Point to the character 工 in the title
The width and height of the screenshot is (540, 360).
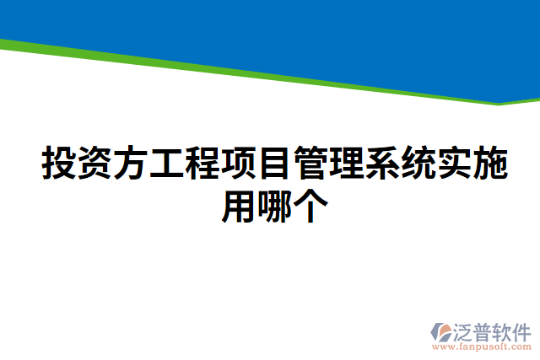165,163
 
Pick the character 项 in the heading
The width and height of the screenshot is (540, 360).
237,163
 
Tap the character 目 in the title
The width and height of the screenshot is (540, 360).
273,163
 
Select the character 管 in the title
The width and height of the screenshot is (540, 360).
309,163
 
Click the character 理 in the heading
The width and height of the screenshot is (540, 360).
344,163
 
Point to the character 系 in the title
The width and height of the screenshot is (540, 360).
381,163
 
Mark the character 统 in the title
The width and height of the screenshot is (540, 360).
416,163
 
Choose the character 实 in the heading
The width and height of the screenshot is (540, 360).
452,163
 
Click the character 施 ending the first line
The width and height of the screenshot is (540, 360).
488,163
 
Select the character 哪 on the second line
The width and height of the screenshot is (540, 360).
272,205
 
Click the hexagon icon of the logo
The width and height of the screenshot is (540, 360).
440,330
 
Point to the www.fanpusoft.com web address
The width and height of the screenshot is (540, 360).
481,347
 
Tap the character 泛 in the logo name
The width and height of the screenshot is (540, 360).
465,329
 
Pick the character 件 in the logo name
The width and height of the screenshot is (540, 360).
523,329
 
